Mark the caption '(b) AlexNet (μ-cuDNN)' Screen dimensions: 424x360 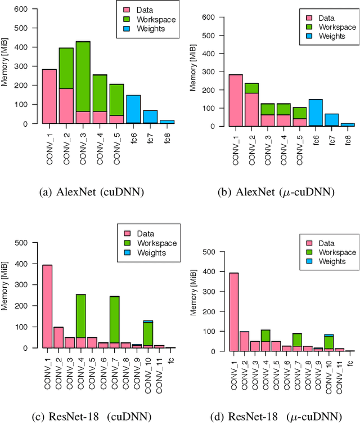(x=276, y=193)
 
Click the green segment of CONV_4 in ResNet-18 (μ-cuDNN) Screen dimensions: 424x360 (x=264, y=336)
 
